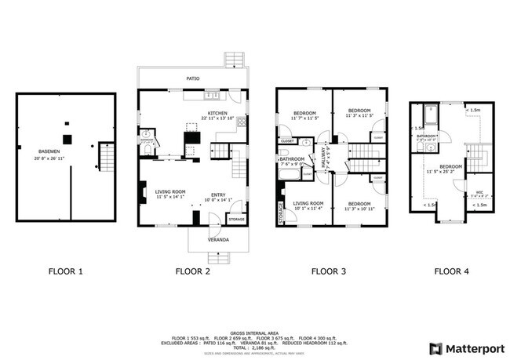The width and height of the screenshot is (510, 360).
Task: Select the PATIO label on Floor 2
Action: point(191,78)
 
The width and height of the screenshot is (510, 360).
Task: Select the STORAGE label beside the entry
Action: point(236,219)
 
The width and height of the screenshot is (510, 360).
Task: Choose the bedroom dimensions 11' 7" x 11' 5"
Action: point(304,119)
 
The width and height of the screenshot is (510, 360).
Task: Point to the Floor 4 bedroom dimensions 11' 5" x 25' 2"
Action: point(450,172)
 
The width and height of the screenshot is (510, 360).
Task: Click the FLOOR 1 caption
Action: point(66,272)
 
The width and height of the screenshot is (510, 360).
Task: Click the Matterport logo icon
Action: point(435,347)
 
